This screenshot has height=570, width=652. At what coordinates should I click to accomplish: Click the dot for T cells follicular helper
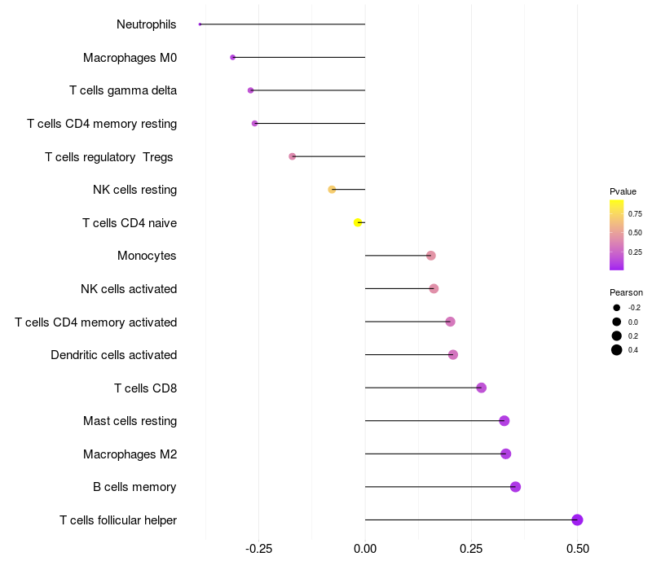pos(577,520)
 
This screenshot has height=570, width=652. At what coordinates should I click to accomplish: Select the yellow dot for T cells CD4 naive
pos(358,222)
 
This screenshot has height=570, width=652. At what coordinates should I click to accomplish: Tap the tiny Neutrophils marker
pos(200,24)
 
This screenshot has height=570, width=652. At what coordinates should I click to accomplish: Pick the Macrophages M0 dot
pos(233,57)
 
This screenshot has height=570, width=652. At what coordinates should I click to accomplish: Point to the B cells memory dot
pos(515,487)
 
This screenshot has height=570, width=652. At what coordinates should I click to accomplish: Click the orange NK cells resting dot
pos(332,190)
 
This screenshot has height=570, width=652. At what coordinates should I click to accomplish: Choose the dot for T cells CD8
pos(481,388)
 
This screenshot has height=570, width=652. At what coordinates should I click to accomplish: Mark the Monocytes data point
pos(431,256)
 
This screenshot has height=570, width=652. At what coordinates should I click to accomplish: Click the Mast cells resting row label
pos(130,421)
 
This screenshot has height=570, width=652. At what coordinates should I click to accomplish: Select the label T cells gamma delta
pos(123,90)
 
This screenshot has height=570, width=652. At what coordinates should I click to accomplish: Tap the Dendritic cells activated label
pos(113,355)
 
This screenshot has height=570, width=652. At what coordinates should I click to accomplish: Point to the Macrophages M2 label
pos(130,454)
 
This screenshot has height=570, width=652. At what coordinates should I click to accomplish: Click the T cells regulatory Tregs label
pos(108,156)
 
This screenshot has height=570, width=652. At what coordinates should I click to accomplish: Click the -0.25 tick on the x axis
pos(258,550)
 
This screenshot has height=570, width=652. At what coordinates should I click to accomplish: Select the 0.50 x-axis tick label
pos(577,550)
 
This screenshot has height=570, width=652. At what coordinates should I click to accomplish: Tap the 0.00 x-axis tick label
pos(365,550)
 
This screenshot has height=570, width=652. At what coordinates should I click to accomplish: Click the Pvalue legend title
pos(623,191)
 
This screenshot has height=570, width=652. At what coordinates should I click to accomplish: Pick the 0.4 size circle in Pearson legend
pos(617,350)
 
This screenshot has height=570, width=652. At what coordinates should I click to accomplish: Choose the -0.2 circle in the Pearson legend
pos(617,308)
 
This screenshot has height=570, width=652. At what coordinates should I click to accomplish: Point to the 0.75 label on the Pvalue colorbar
pos(635,214)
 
